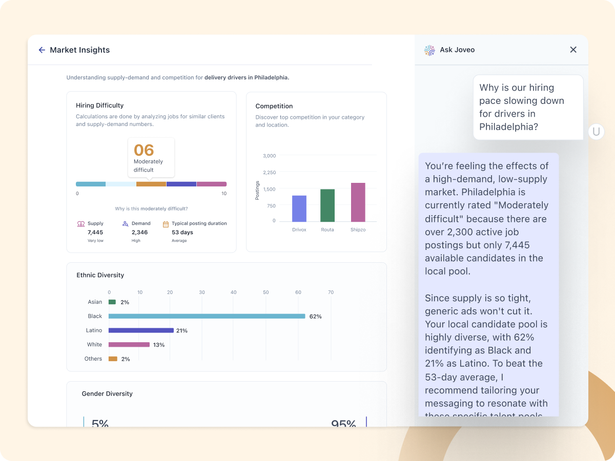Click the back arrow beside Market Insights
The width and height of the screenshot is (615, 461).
(42, 50)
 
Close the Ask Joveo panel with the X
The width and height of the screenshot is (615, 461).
(573, 50)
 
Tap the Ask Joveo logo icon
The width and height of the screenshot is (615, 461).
(429, 50)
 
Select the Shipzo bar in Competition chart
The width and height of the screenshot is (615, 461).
(358, 202)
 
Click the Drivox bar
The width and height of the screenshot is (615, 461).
(299, 208)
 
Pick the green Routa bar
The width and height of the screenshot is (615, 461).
(327, 205)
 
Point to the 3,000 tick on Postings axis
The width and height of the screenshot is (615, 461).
(269, 156)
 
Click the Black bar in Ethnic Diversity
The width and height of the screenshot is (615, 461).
(207, 316)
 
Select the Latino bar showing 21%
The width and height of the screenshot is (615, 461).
(141, 330)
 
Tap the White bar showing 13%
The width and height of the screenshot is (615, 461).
(129, 345)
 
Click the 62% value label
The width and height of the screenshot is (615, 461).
(315, 317)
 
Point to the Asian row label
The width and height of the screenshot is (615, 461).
(95, 302)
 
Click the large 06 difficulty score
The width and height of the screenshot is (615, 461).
(144, 150)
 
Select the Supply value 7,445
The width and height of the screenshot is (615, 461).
(95, 233)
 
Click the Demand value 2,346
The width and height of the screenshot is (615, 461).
(139, 233)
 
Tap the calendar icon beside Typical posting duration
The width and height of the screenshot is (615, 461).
(166, 224)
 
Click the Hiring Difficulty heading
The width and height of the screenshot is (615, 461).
(99, 106)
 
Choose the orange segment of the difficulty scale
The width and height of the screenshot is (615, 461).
(151, 184)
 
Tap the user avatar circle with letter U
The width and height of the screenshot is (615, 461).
(596, 132)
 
